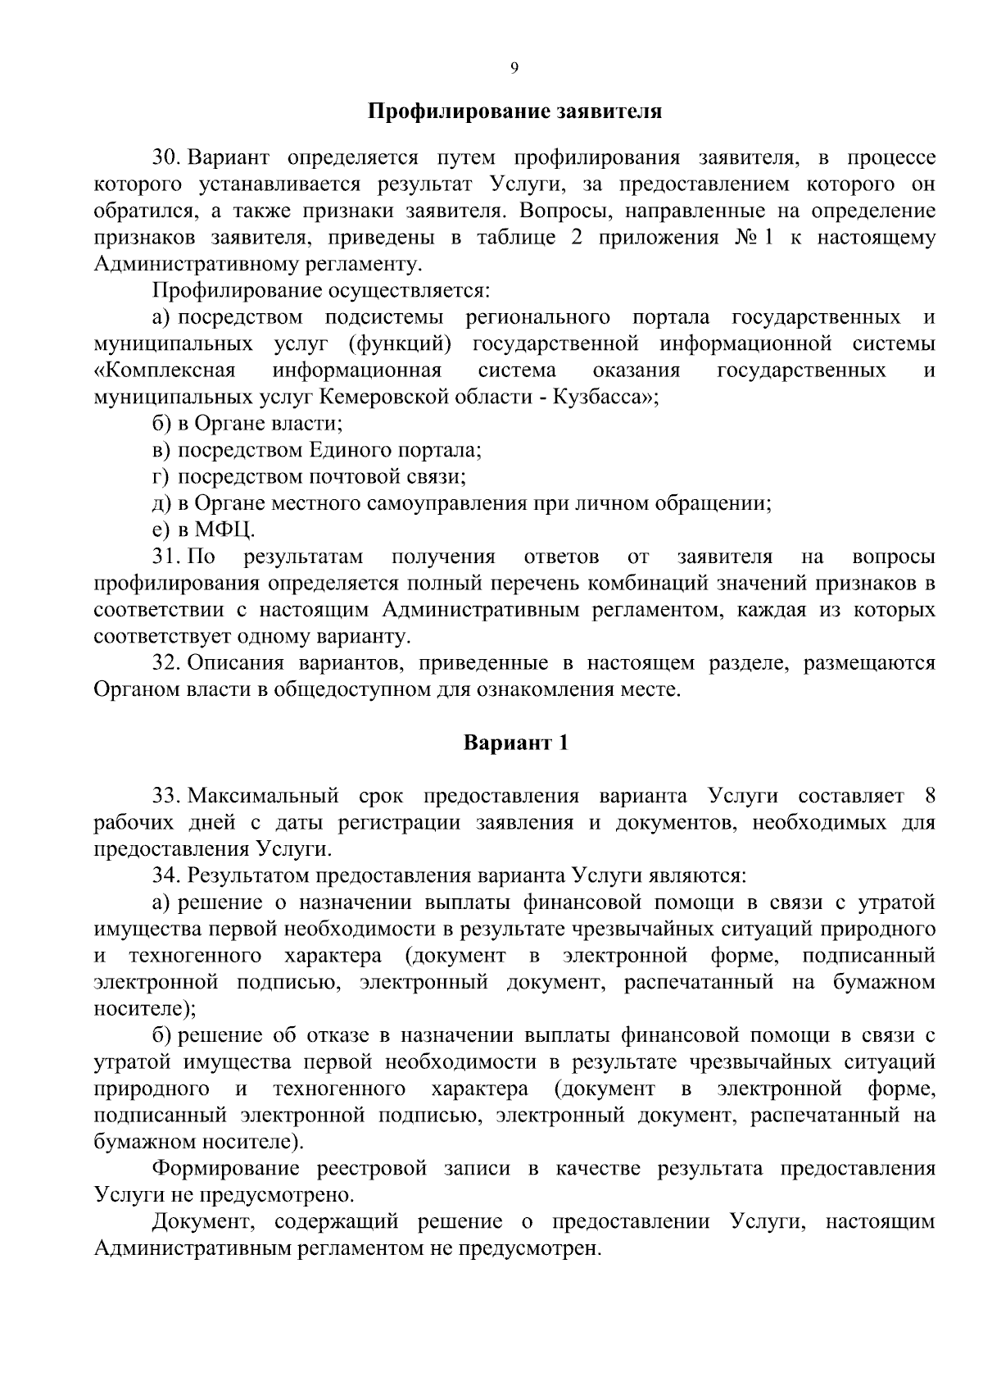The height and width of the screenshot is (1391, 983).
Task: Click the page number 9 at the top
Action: pyautogui.click(x=514, y=68)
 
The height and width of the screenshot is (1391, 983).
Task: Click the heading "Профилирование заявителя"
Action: pyautogui.click(x=514, y=111)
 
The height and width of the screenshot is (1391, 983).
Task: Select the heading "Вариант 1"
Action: pyautogui.click(x=515, y=743)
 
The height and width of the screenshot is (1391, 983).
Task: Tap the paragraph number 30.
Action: pyautogui.click(x=165, y=157)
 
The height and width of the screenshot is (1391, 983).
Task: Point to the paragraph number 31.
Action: pyautogui.click(x=164, y=557)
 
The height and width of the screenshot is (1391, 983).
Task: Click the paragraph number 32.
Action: pyautogui.click(x=165, y=662)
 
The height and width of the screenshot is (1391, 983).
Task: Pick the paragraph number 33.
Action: pyautogui.click(x=165, y=796)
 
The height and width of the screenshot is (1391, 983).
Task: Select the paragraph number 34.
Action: pyautogui.click(x=165, y=875)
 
